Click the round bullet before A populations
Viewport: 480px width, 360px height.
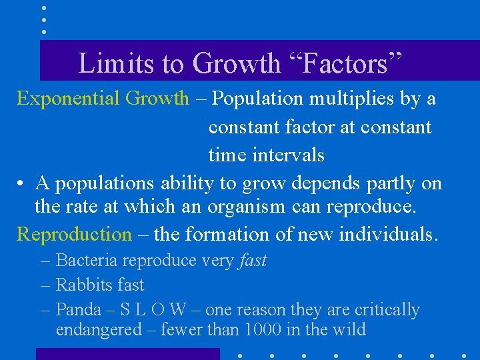(22, 183)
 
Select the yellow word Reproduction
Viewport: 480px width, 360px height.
(74, 235)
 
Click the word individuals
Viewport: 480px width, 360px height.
(389, 235)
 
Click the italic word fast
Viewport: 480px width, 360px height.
(253, 261)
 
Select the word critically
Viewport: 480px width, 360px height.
(384, 310)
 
